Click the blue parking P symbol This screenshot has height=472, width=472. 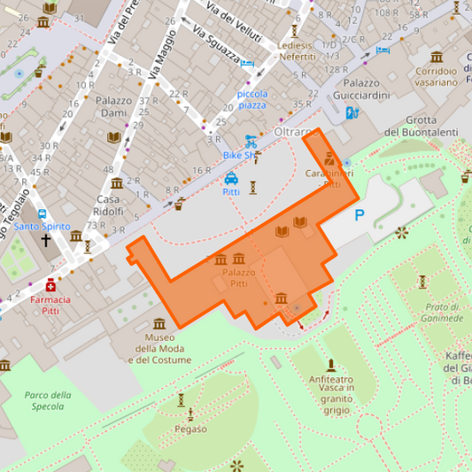tap(360, 214)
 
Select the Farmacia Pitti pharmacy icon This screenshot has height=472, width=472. tap(51, 285)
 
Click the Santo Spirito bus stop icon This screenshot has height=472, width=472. tap(42, 214)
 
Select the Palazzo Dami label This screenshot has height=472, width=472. tap(113, 107)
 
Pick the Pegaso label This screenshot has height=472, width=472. tap(190, 429)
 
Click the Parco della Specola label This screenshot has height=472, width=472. tap(48, 400)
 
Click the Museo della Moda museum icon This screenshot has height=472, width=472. tap(159, 323)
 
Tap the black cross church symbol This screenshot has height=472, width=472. tap(46, 240)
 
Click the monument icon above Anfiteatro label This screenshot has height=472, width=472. tap(331, 364)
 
